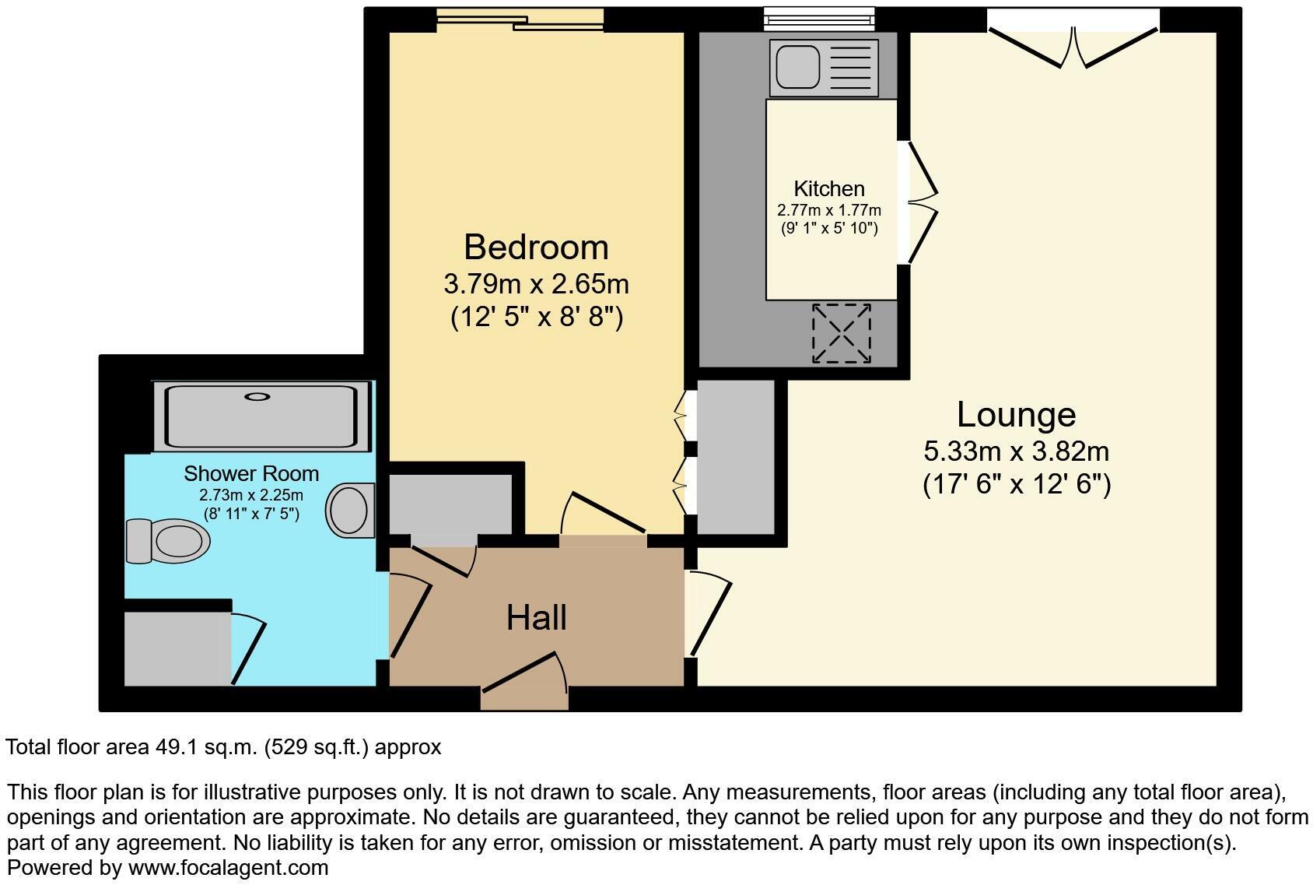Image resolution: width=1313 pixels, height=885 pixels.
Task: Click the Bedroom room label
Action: pyautogui.click(x=536, y=248)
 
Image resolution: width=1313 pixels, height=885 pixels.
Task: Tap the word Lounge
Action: pyautogui.click(x=1017, y=415)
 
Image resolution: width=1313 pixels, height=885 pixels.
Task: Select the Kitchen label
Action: pyautogui.click(x=829, y=189)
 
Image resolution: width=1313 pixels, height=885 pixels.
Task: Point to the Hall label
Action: pyautogui.click(x=537, y=618)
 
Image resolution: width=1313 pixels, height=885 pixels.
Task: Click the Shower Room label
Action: pyautogui.click(x=251, y=473)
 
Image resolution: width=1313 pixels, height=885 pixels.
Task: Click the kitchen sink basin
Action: pyautogui.click(x=798, y=67)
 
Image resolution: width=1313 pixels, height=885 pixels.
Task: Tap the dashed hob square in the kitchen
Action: pyautogui.click(x=841, y=333)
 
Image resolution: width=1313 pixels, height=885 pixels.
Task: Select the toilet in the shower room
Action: pyautogui.click(x=168, y=541)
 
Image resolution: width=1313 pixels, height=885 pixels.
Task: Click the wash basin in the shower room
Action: pyautogui.click(x=350, y=511)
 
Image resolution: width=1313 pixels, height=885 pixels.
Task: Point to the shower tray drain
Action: pyautogui.click(x=257, y=397)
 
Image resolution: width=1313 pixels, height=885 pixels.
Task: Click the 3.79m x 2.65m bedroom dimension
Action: pyautogui.click(x=537, y=284)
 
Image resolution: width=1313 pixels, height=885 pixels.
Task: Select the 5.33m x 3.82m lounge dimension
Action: pyautogui.click(x=1017, y=451)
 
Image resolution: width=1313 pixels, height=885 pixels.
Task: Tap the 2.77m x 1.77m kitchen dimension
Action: pyautogui.click(x=829, y=210)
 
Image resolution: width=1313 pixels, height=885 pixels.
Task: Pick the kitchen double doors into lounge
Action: pyautogui.click(x=923, y=202)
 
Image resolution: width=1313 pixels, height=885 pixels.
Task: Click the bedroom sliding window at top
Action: pyautogui.click(x=520, y=20)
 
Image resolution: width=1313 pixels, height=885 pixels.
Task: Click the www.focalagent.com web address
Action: pyautogui.click(x=228, y=867)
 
